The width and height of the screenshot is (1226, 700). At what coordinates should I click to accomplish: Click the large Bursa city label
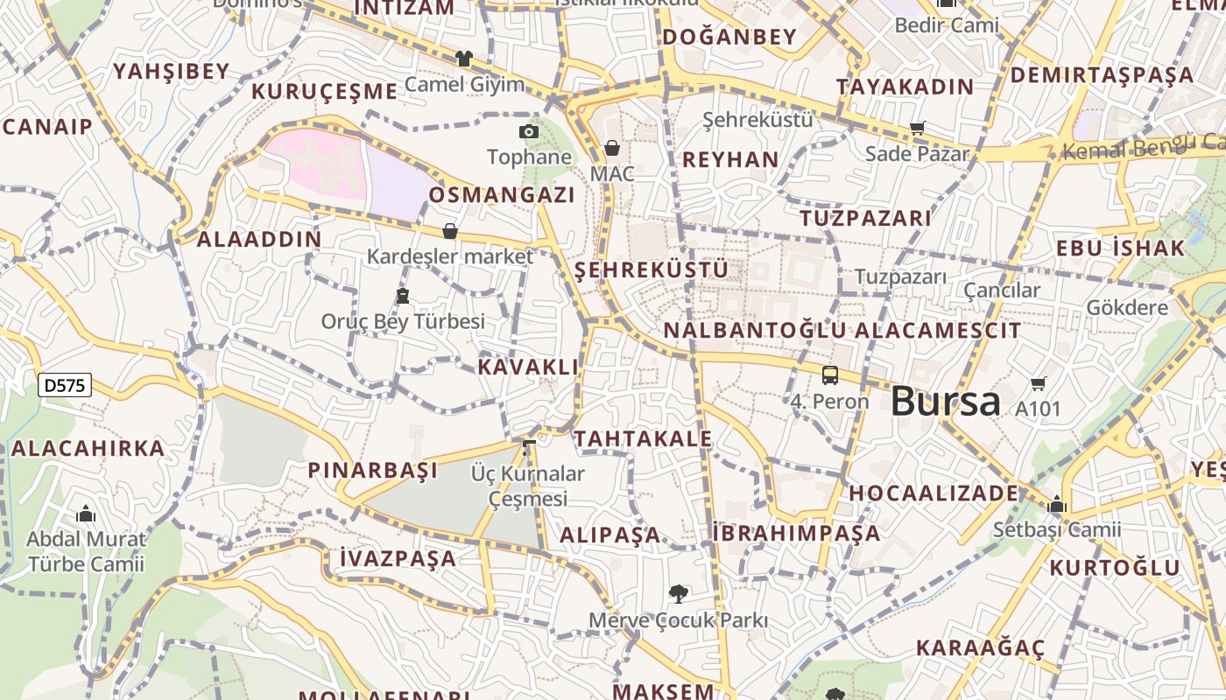[x=945, y=402]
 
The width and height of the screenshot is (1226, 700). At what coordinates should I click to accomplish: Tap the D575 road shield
[x=65, y=384]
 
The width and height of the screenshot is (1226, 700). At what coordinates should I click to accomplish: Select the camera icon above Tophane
[x=529, y=131]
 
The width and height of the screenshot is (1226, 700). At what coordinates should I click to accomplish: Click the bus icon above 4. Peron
[x=829, y=375]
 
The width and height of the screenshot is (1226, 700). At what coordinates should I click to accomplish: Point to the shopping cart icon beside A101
[x=1039, y=383]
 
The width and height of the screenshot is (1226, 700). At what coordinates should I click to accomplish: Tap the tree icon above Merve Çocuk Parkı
[x=678, y=595]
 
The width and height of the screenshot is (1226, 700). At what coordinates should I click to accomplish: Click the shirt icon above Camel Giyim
[x=463, y=59]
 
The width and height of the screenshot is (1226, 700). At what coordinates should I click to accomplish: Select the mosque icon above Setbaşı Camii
[x=1056, y=505]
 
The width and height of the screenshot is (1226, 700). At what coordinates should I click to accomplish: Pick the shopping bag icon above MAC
[x=612, y=148]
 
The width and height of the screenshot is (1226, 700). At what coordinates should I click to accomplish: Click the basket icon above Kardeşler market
[x=450, y=231]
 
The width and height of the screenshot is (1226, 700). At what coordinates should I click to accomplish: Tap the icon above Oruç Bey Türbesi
[x=402, y=296]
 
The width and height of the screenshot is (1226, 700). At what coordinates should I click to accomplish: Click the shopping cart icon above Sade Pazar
[x=917, y=129]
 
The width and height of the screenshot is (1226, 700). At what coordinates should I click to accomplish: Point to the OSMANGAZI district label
[x=502, y=194]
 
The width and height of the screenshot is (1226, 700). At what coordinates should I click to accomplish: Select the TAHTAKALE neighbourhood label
[x=643, y=438]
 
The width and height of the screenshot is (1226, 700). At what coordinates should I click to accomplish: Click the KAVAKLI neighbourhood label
[x=528, y=367]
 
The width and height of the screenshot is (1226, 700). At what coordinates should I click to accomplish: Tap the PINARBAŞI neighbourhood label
[x=372, y=470]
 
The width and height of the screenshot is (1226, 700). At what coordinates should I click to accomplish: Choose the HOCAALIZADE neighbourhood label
[x=934, y=493]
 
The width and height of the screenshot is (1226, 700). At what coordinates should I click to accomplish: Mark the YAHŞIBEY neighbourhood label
[x=171, y=71]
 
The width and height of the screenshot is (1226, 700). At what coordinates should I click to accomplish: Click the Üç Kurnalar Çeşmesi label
[x=528, y=486]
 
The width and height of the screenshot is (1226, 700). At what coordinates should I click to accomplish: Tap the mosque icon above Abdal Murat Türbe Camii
[x=86, y=514]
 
